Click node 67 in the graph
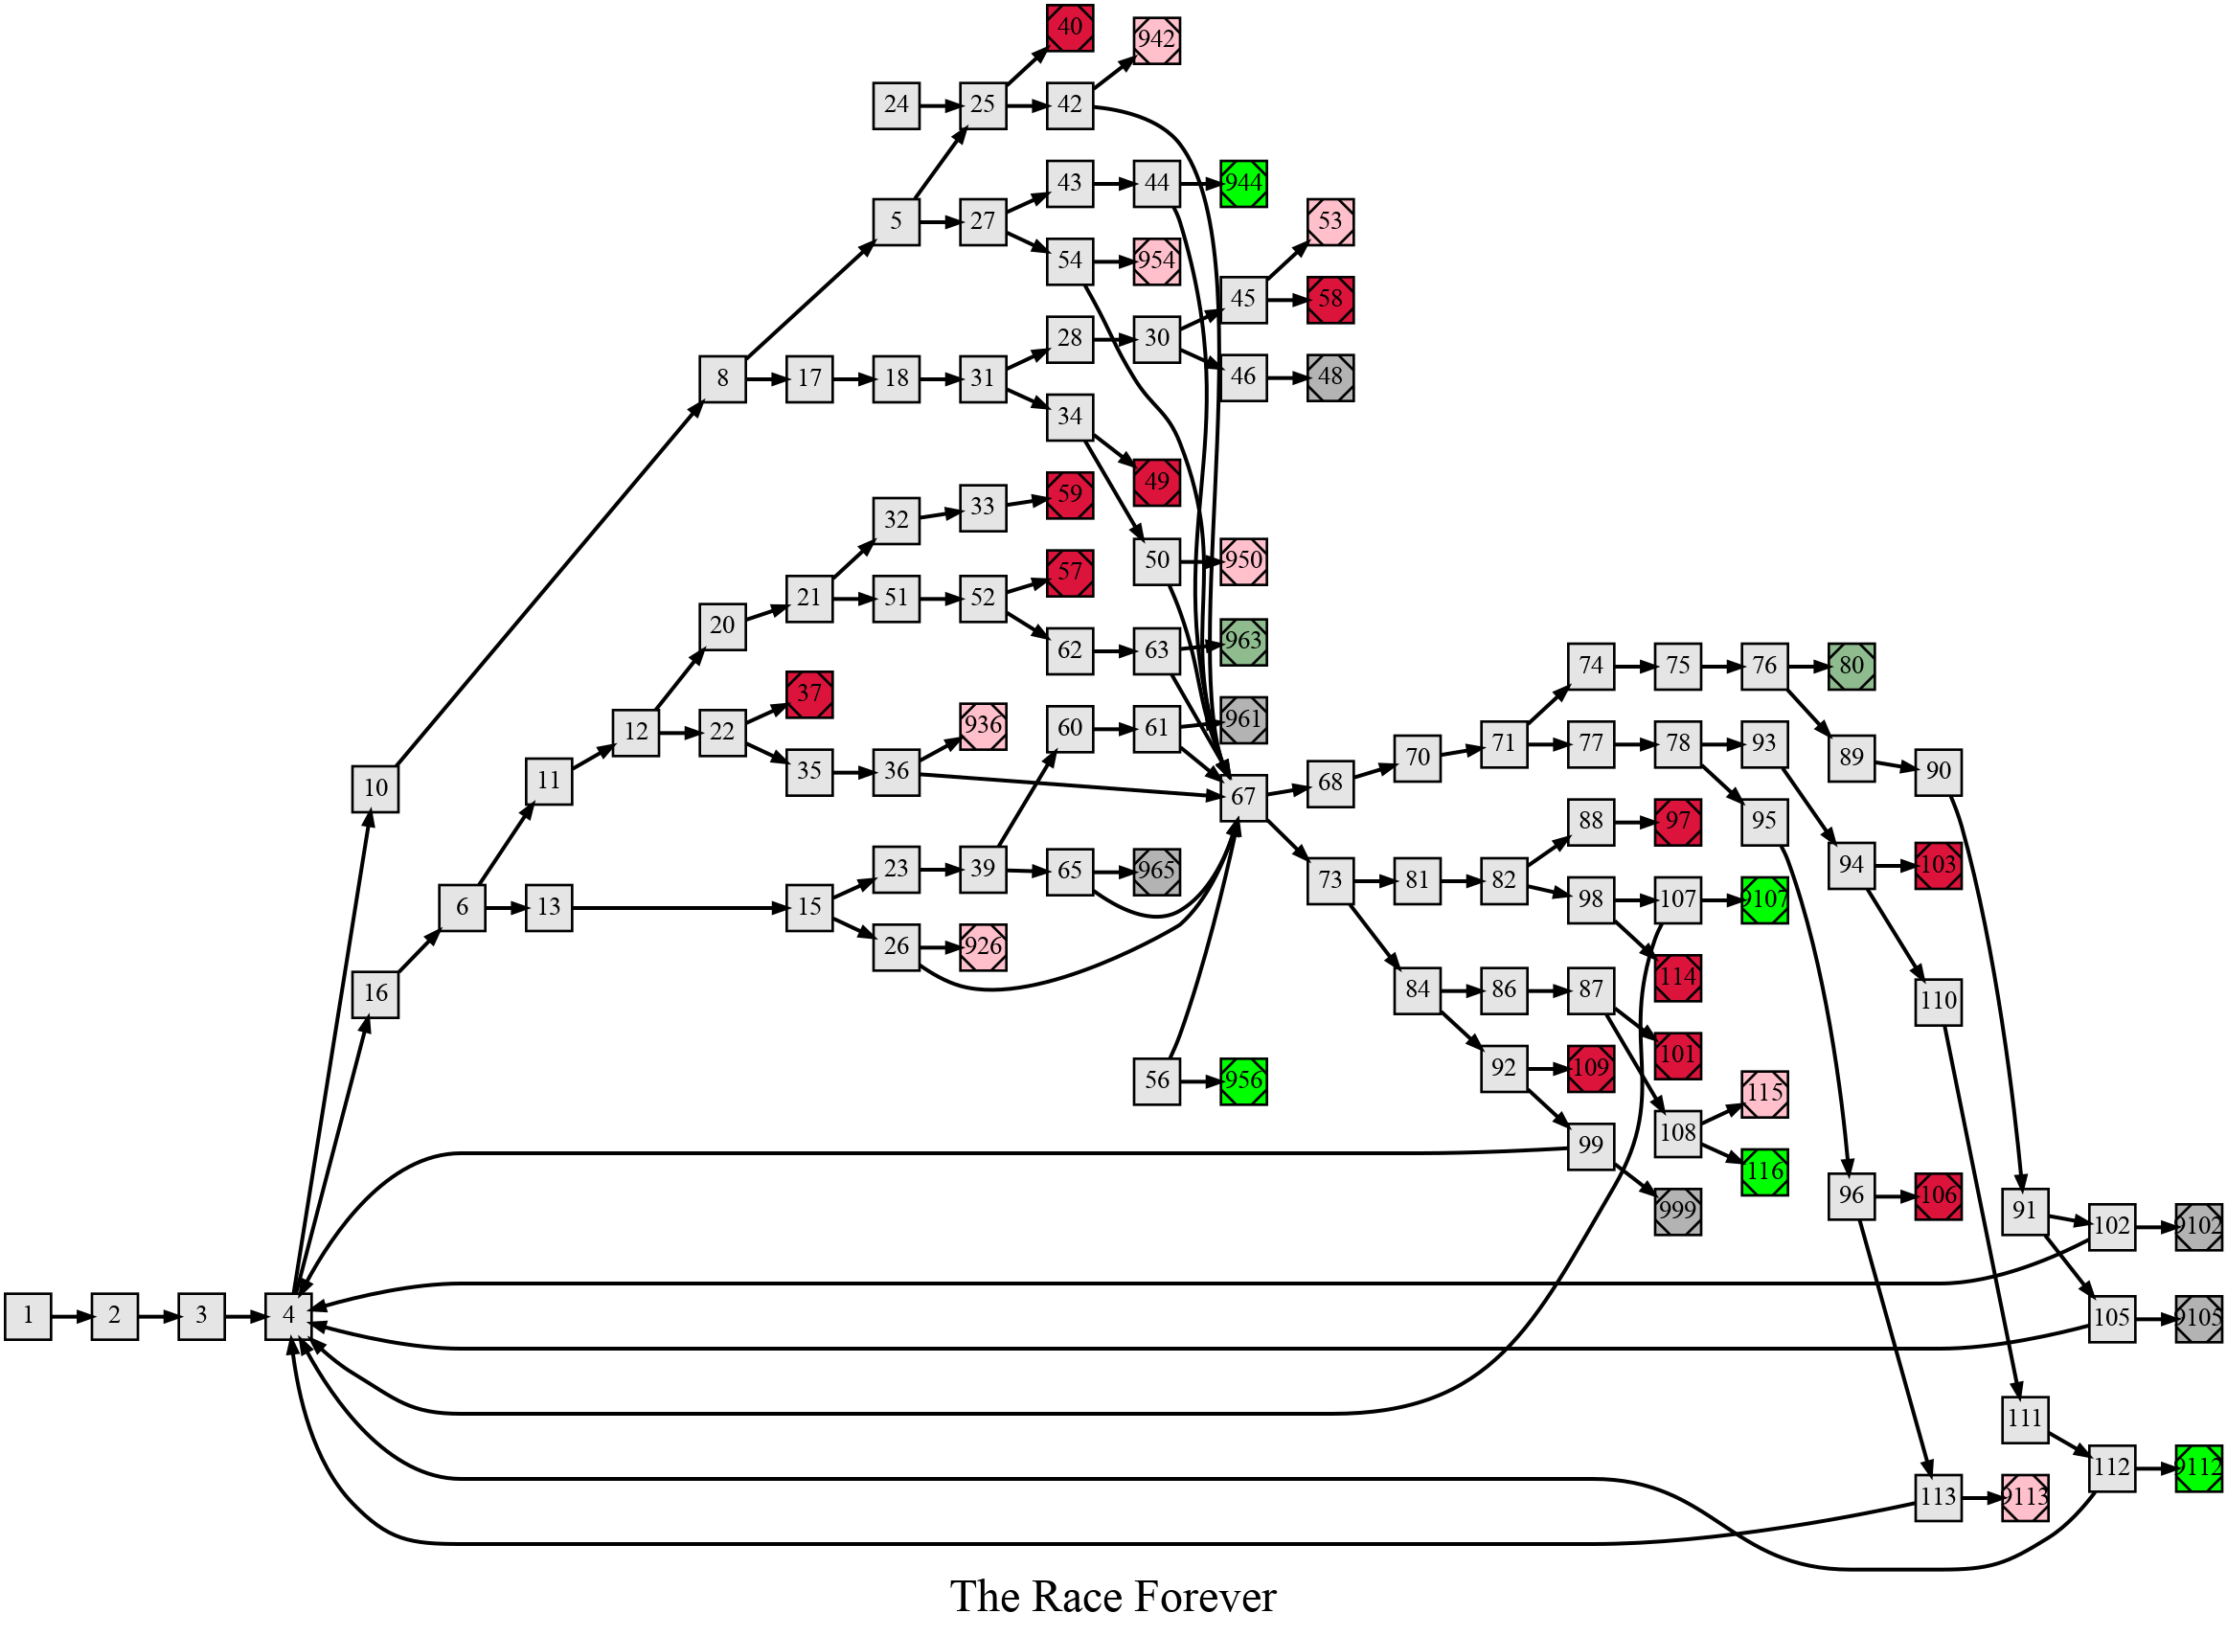(1242, 796)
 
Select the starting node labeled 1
(28, 1316)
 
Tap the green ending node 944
(1242, 183)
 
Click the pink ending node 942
(1156, 40)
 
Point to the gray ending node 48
(1329, 377)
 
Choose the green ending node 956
(1242, 1080)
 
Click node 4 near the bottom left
(288, 1316)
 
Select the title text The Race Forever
(1113, 1598)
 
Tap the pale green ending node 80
(1851, 666)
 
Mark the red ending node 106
(1938, 1195)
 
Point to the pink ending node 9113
(2025, 1496)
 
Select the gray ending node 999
(1677, 1211)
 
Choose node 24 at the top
(897, 105)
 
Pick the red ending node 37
(809, 694)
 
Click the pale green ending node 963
(1242, 642)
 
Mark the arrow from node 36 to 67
(1069, 784)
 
